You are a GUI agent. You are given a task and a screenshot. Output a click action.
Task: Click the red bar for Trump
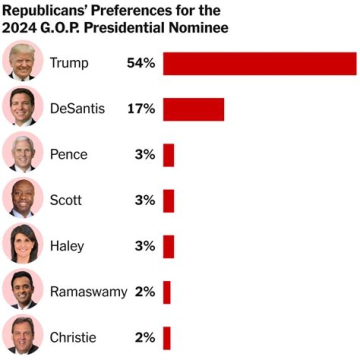259,63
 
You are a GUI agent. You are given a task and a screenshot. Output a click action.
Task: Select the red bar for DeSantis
193,109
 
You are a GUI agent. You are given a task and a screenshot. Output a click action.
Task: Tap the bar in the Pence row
168,155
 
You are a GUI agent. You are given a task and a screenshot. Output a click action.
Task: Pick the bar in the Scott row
168,201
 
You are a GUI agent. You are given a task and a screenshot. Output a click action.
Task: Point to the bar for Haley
168,246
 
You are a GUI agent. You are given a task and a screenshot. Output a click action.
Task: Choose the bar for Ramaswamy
166,292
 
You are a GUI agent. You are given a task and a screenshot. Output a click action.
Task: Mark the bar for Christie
166,338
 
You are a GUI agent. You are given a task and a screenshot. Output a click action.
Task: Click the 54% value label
141,63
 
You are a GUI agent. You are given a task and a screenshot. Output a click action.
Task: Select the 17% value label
141,109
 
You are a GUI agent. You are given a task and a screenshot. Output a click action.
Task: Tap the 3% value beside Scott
144,201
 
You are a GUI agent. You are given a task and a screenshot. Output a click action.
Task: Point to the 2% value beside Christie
144,338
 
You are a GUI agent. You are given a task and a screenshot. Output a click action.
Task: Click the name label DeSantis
77,109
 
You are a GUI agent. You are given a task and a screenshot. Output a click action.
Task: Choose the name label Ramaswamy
88,292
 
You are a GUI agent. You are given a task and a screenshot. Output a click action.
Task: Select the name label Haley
67,246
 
